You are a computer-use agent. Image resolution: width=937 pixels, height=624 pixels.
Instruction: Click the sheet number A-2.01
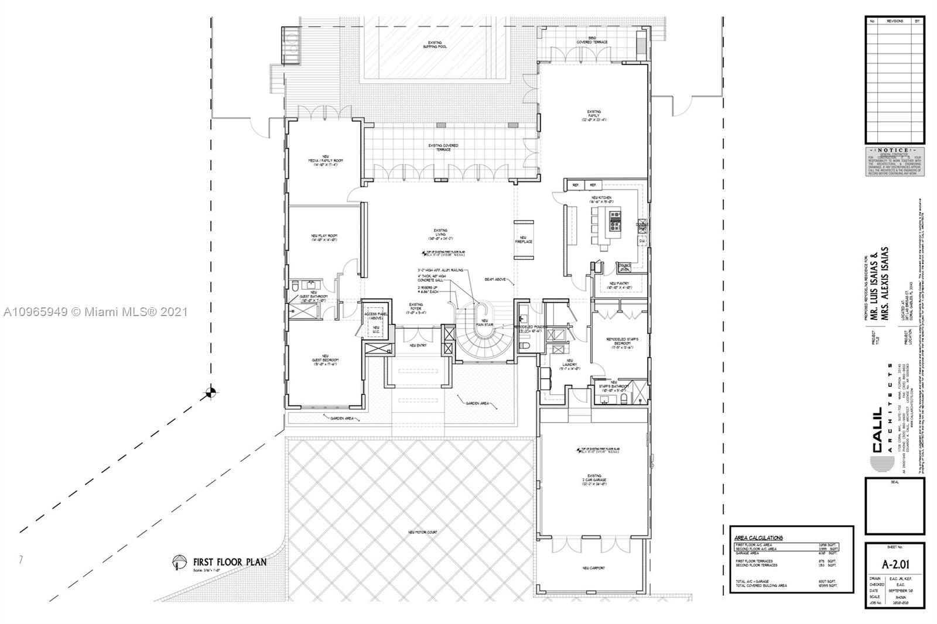894,565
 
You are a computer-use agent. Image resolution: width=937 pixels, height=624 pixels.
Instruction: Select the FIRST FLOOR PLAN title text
230,562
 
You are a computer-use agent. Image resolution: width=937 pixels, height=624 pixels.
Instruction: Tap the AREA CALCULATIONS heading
758,537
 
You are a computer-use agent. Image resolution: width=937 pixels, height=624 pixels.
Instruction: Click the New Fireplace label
524,239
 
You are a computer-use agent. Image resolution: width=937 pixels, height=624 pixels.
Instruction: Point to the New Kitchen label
601,200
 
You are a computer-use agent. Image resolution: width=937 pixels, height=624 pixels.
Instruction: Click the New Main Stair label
485,322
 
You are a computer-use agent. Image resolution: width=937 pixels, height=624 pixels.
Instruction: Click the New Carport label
594,568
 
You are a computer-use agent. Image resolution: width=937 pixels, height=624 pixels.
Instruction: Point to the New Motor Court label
422,532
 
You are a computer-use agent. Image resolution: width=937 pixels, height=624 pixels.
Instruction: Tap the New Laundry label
569,363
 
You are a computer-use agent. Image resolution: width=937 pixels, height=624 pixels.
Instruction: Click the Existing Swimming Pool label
435,44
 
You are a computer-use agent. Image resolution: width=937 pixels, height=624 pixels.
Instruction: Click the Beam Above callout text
495,279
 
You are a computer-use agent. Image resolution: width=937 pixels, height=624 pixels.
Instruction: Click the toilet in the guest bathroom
296,285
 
